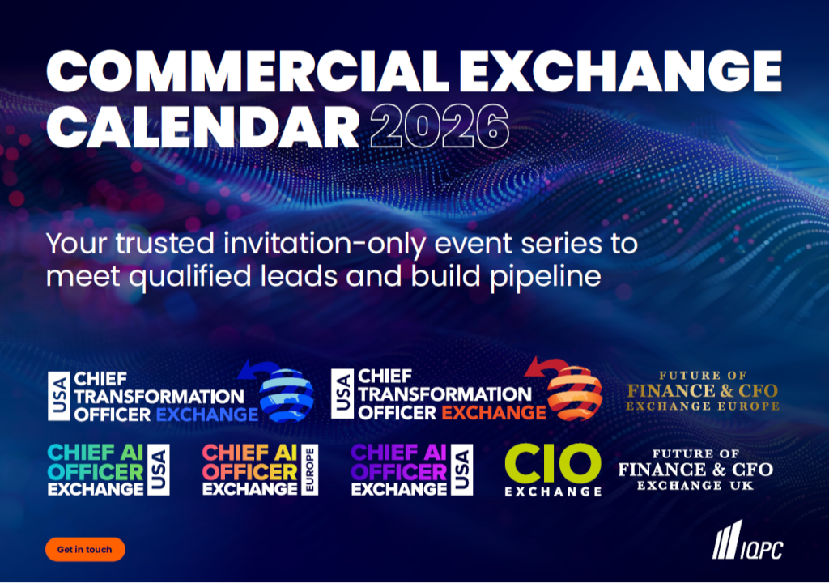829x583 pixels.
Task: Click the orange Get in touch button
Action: [x=85, y=549]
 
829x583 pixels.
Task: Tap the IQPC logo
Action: [x=747, y=540]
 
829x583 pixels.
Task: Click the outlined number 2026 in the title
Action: [x=440, y=126]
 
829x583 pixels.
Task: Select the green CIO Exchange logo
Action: [x=553, y=470]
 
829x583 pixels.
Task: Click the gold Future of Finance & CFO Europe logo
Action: [x=703, y=391]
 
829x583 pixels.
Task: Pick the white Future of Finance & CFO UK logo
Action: [x=695, y=470]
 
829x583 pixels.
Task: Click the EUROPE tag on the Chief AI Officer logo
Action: [x=309, y=470]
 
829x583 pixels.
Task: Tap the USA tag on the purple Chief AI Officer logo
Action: [x=461, y=470]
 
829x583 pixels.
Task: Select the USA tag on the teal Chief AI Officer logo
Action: [x=159, y=470]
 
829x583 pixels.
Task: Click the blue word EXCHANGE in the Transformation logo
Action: [x=207, y=415]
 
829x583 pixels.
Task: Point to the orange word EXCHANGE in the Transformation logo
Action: [x=494, y=412]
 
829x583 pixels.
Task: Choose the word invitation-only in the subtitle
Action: [x=325, y=245]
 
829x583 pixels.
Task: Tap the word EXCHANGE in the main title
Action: [x=621, y=71]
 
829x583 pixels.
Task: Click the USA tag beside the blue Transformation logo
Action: [x=58, y=396]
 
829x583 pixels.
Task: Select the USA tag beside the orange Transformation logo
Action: [x=342, y=394]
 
